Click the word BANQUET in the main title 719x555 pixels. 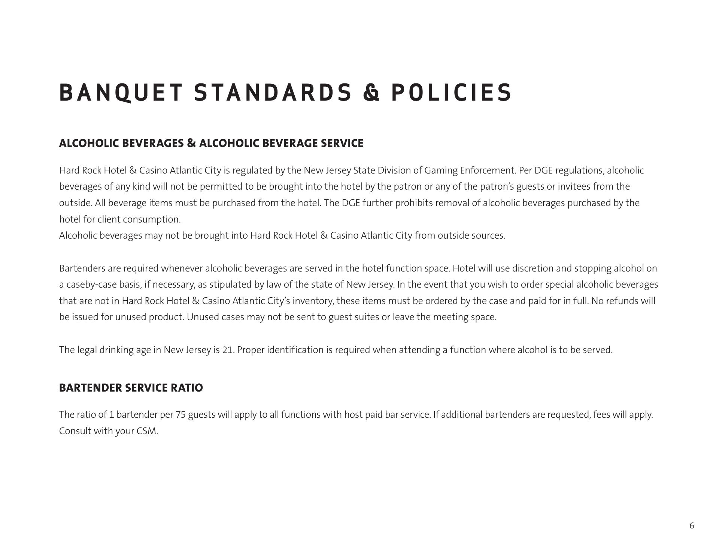pos(121,92)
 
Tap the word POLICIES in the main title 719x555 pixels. pos(451,92)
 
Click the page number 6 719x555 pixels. pos(692,525)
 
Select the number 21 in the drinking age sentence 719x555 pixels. pos(228,350)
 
